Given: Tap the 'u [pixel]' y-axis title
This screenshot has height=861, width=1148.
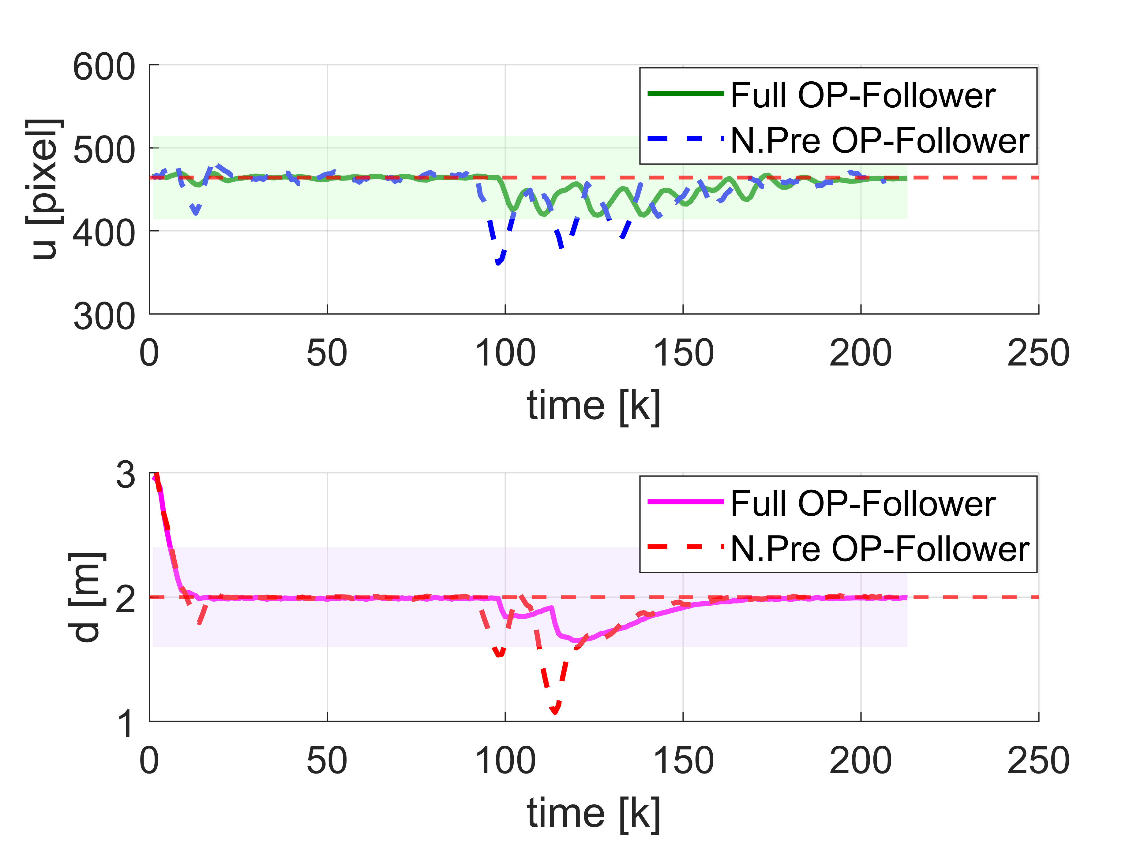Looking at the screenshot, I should [x=44, y=189].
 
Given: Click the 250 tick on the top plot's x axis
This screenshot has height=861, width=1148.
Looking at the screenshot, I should [x=1038, y=353].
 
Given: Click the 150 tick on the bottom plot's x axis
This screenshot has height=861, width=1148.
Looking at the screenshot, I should [x=683, y=761].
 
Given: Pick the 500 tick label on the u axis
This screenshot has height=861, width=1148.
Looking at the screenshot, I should [x=104, y=150].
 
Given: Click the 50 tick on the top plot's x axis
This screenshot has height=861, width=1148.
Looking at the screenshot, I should [x=327, y=353].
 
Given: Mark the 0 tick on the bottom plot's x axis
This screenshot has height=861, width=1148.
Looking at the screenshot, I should [x=149, y=761].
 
